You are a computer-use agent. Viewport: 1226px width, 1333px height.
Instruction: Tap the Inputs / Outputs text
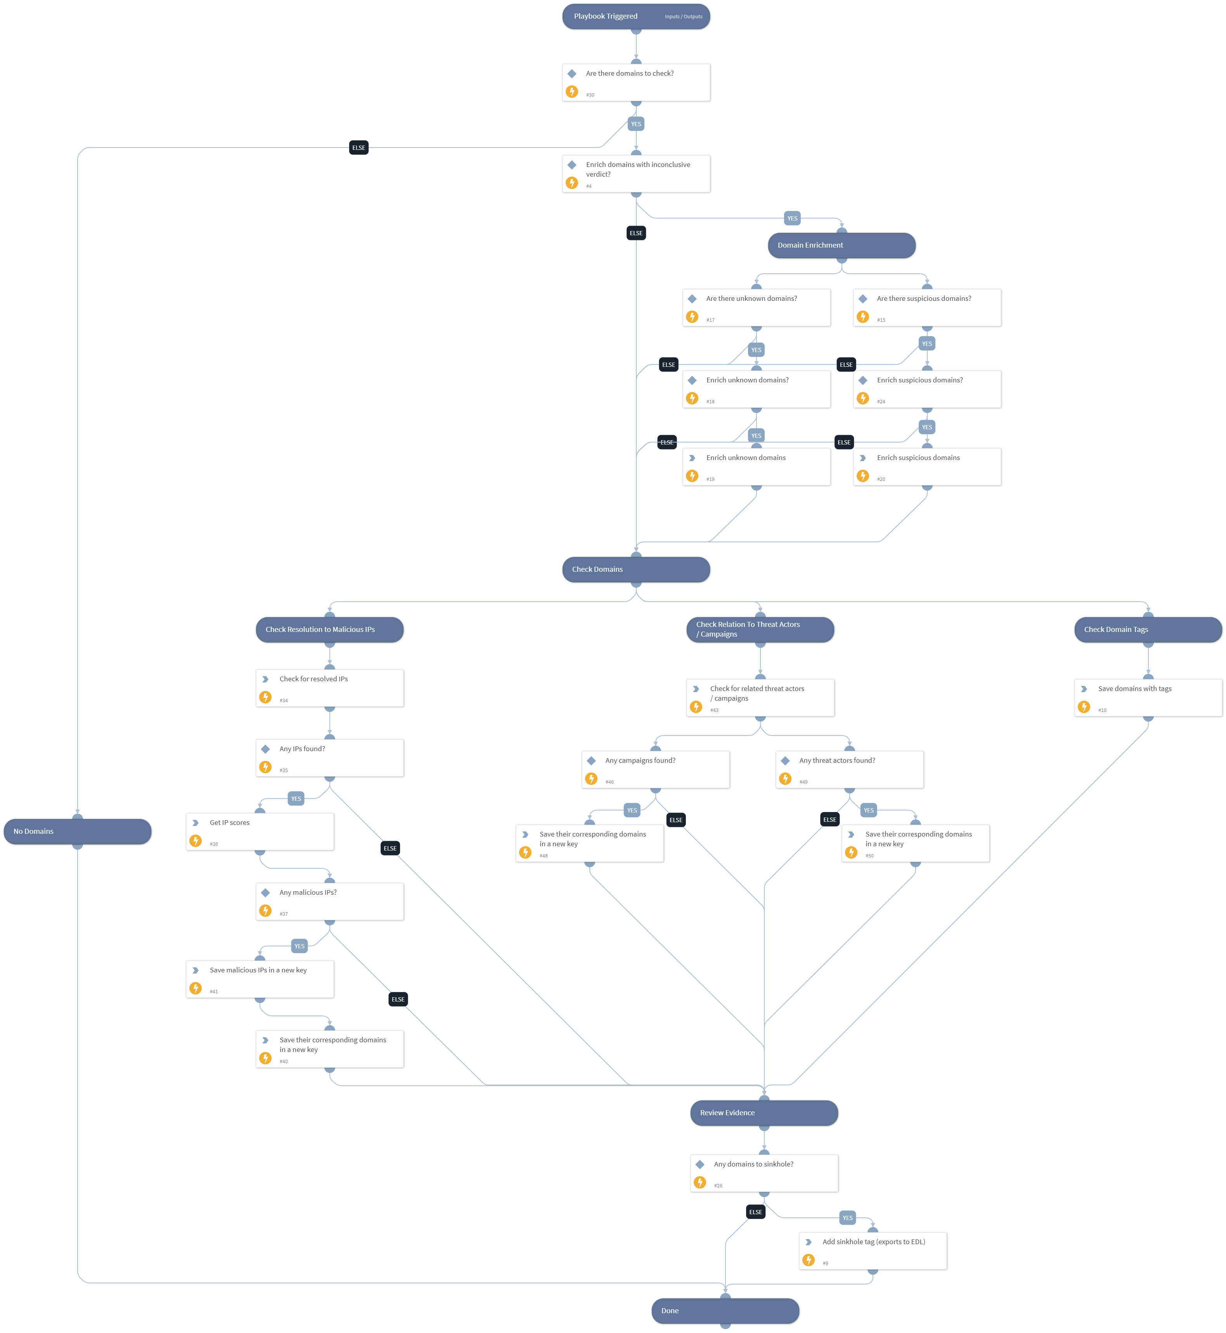click(x=683, y=17)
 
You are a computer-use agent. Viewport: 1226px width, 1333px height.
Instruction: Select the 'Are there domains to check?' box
click(x=636, y=82)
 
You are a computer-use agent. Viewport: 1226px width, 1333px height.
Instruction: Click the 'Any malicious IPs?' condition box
click(x=329, y=901)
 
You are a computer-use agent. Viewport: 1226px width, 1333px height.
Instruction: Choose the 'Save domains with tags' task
click(x=1148, y=697)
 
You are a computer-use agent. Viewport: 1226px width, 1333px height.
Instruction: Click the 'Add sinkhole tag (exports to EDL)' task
click(x=873, y=1251)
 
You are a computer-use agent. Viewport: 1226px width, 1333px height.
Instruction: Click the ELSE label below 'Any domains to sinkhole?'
click(x=755, y=1212)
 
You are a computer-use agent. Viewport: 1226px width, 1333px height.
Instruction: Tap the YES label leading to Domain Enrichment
click(x=792, y=219)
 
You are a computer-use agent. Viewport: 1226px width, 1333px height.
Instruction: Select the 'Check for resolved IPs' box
click(x=329, y=688)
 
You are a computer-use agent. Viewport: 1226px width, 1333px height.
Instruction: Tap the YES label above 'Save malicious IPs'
click(x=299, y=946)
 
